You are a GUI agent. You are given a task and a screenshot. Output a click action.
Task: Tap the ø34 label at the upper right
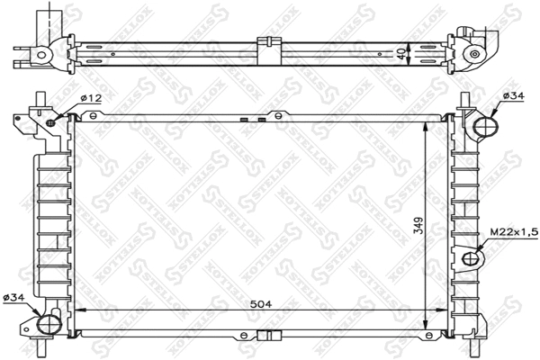[513, 95]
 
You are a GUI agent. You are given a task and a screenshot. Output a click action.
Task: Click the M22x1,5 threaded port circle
[470, 259]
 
